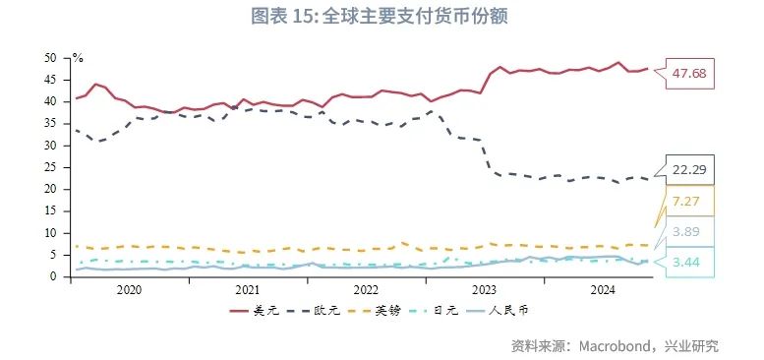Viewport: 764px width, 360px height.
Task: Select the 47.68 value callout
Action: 689,75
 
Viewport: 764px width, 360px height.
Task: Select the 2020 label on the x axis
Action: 129,290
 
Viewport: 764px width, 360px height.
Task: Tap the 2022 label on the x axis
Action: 366,290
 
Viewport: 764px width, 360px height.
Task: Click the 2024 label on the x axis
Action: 602,290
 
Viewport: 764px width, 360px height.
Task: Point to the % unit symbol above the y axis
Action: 78,58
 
